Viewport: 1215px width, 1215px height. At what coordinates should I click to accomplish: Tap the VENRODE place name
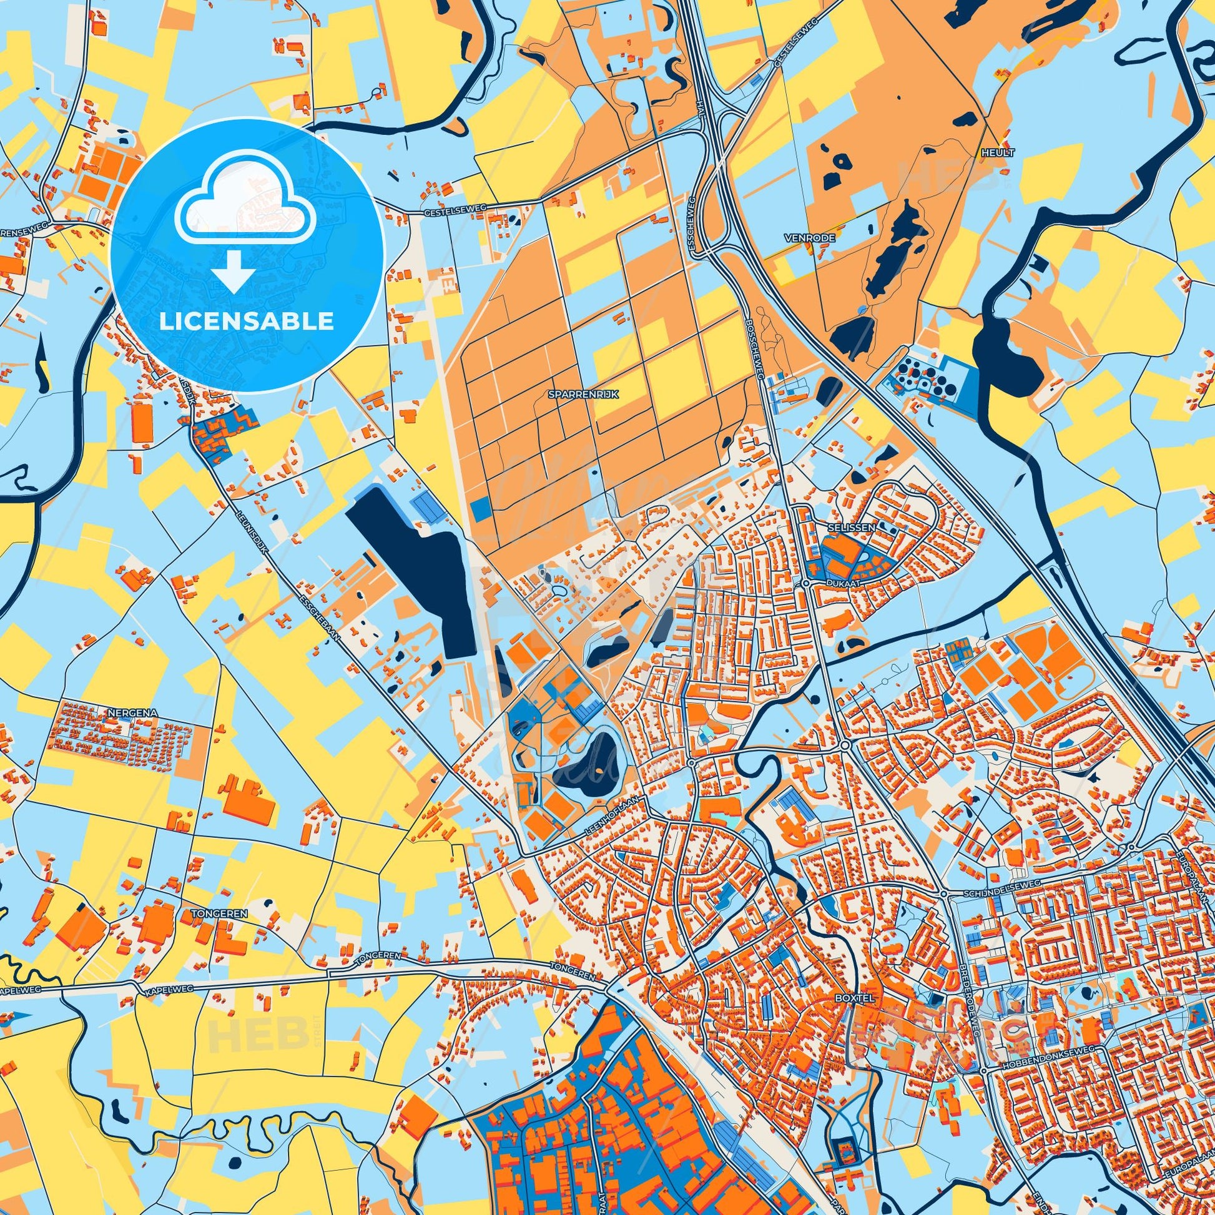click(x=800, y=239)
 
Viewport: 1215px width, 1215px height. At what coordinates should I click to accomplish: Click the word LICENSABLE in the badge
click(x=247, y=321)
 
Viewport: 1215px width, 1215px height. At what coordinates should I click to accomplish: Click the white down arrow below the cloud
click(x=234, y=274)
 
